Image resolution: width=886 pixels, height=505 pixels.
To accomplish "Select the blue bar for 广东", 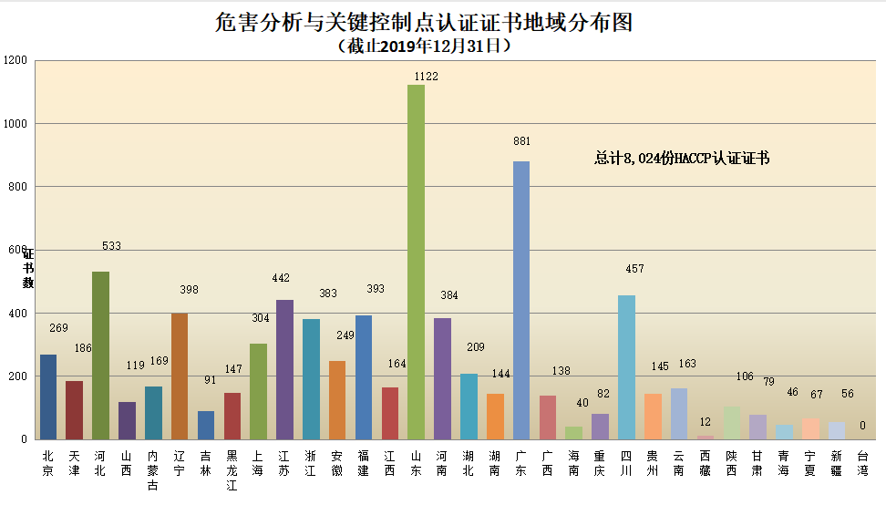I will (521, 301).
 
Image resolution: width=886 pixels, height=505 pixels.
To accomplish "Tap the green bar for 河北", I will (100, 356).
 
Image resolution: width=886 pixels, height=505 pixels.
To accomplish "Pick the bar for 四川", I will (626, 367).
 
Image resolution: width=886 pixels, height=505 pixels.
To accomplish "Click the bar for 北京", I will (47, 397).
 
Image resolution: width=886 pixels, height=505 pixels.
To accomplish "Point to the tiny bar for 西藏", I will (706, 437).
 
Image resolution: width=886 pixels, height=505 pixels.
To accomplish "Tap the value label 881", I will (521, 141).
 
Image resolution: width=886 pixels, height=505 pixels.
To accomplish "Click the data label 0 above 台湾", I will (862, 425).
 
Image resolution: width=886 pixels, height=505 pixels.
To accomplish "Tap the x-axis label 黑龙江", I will (232, 470).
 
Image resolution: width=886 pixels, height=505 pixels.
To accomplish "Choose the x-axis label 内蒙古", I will (153, 470).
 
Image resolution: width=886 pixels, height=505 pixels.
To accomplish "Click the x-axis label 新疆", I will (837, 463).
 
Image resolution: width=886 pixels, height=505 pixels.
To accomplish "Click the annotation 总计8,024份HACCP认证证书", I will (682, 159).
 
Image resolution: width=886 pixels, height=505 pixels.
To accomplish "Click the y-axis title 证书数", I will (28, 268).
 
